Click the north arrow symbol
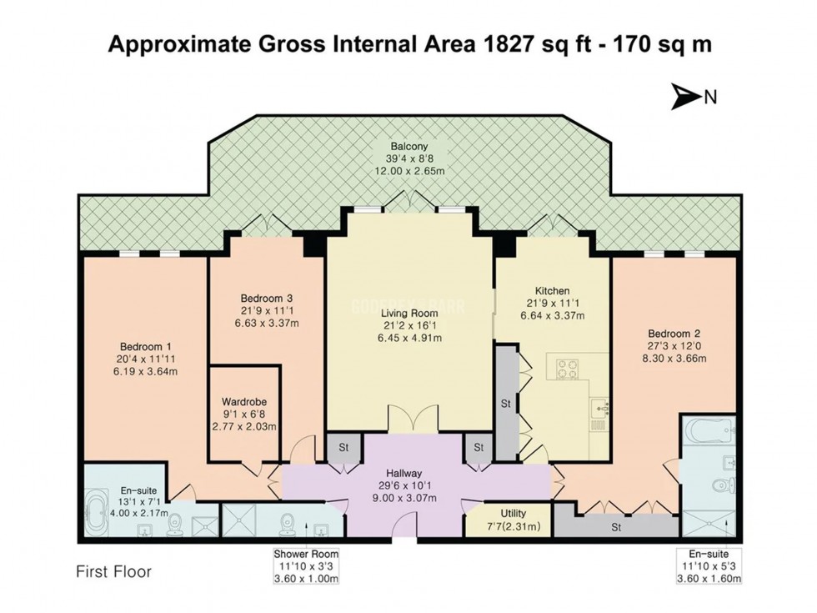pos(684,98)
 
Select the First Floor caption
pos(113,572)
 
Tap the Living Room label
pos(408,312)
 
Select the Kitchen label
pos(553,289)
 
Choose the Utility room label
pos(512,513)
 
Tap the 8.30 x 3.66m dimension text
pos(675,359)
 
